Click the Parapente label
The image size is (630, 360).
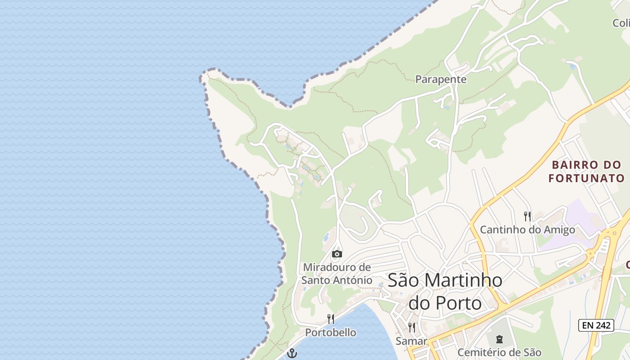[441, 80]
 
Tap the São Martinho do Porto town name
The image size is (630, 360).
[445, 291]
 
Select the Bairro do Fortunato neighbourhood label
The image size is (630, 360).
[587, 171]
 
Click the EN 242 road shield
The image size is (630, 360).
[596, 325]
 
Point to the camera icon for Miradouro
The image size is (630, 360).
[337, 254]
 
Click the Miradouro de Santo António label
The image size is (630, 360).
[337, 274]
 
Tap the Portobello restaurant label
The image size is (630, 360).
[331, 333]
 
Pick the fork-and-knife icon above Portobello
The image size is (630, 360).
[331, 319]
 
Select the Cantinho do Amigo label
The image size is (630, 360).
[527, 229]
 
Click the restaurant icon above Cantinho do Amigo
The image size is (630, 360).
[527, 216]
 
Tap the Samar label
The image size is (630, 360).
[411, 341]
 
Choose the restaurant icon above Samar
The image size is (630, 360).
[411, 327]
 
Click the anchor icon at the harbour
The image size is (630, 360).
[292, 353]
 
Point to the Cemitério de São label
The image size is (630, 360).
[499, 352]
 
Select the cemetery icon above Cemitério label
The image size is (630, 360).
[499, 339]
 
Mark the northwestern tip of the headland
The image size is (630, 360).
[204, 75]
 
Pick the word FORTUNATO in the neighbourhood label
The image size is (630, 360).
[587, 178]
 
